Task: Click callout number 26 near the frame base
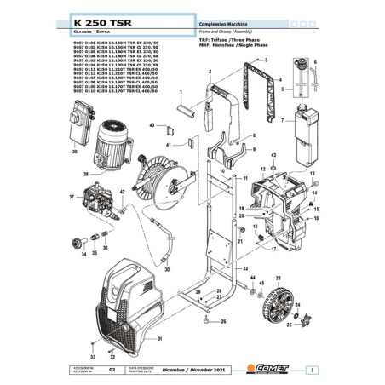tap(223, 323)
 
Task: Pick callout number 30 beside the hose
tap(167, 269)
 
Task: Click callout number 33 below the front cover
tap(92, 355)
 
